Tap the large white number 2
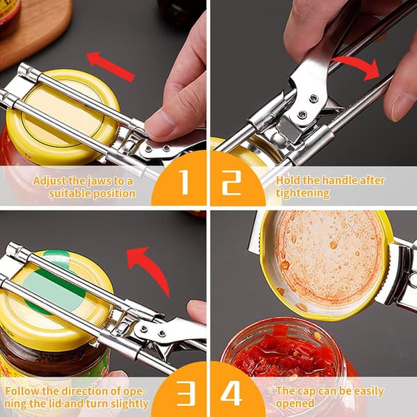point(232,183)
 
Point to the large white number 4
point(231,393)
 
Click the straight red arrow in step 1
point(111,67)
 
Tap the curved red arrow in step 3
point(150,268)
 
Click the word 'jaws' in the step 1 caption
point(98,181)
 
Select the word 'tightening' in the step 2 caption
point(302,193)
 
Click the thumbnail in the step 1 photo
point(158,126)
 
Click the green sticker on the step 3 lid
point(54,284)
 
